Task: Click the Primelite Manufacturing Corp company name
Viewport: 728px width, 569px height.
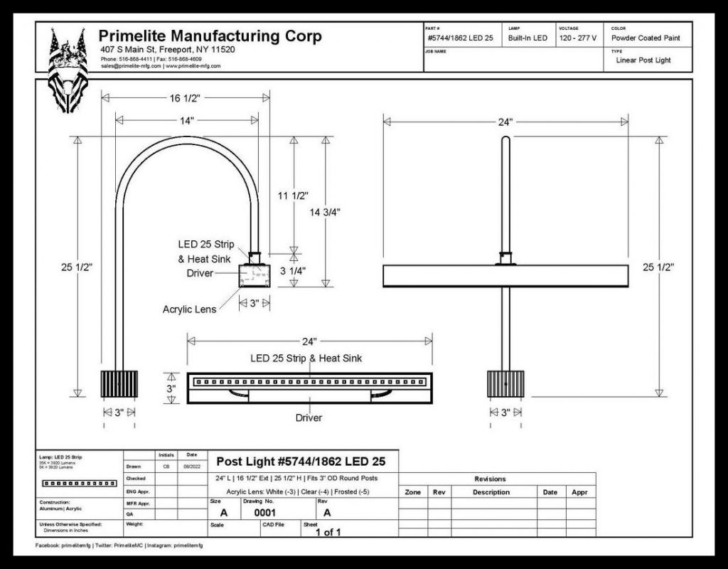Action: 210,36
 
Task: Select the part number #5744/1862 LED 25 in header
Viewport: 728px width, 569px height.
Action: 460,38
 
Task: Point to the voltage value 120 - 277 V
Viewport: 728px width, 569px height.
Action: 577,38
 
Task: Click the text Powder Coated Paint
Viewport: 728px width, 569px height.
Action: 646,38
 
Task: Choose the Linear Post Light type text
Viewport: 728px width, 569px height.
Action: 643,60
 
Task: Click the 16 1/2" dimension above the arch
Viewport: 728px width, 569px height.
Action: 186,99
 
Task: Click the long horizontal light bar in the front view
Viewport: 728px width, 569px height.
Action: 505,276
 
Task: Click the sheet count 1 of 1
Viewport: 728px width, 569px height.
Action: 328,531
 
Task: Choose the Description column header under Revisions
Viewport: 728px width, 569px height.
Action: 491,492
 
